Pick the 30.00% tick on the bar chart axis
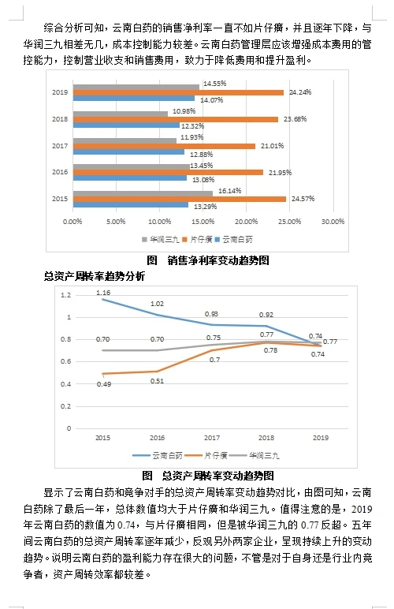(x=333, y=222)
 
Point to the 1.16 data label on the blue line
(x=103, y=292)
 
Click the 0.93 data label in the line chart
(x=212, y=314)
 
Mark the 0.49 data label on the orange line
(x=103, y=383)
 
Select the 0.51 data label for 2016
(x=157, y=381)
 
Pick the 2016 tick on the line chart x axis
(x=158, y=437)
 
